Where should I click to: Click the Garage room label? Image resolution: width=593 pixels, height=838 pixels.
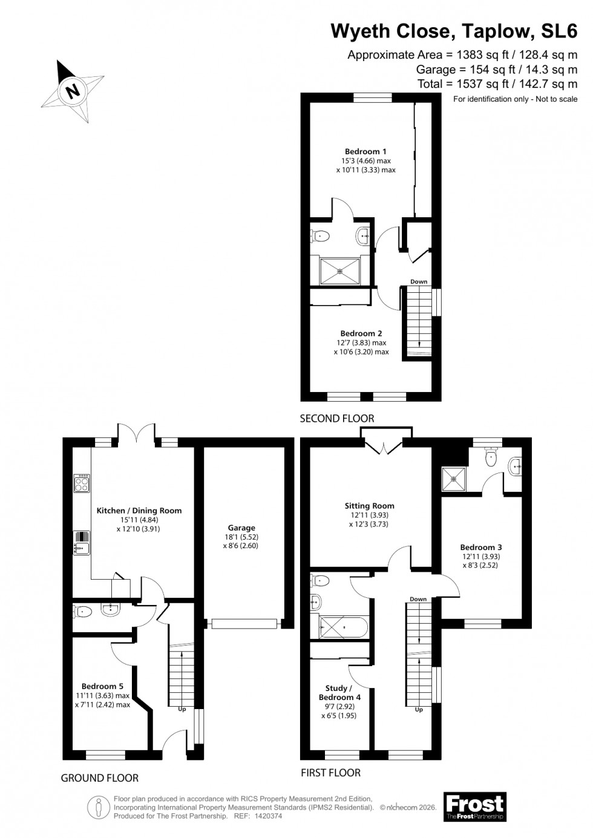[241, 528]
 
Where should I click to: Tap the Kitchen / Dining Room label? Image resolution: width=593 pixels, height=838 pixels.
[139, 510]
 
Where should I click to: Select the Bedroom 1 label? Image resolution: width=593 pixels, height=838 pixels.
[365, 151]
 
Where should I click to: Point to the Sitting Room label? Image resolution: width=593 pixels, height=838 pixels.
[369, 506]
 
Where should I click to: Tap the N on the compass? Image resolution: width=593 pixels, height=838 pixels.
[73, 91]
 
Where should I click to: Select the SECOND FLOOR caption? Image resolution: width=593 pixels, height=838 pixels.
[337, 418]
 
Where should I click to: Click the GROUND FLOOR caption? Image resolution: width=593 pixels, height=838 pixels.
[100, 777]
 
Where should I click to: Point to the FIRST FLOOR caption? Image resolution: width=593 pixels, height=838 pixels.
[330, 773]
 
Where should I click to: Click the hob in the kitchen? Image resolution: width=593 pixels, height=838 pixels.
[82, 483]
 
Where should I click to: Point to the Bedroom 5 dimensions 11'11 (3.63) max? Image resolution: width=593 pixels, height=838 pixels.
[106, 695]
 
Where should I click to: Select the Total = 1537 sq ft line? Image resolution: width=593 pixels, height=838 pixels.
[497, 83]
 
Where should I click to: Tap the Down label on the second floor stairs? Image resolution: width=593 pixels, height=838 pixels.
[418, 281]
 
